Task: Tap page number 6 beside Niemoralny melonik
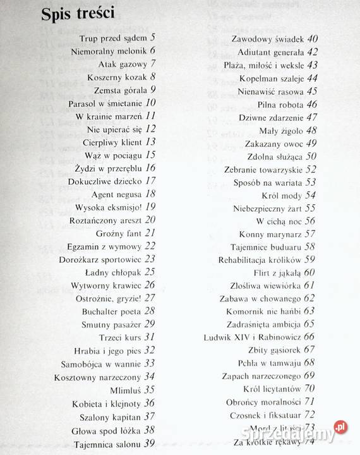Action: tap(153, 51)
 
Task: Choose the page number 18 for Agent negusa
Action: tap(150, 194)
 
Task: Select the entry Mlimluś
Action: tap(126, 390)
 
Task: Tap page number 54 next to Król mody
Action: tap(310, 196)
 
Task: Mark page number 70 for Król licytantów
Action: tap(309, 389)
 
